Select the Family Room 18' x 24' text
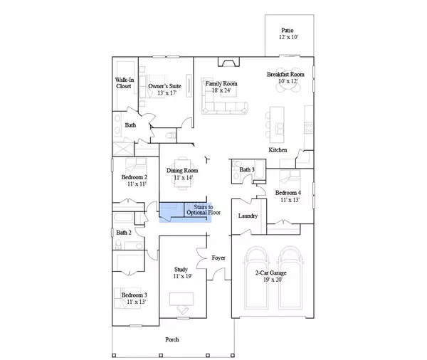coord(221,87)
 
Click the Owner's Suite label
coord(164,87)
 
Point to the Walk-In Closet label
coord(125,83)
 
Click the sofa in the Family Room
coord(224,107)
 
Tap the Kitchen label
coord(278,150)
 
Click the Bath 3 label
coord(246,170)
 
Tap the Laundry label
coord(247,216)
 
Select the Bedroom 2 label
coord(134,180)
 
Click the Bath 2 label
coord(124,232)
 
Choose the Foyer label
coord(218,258)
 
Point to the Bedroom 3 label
coord(134,298)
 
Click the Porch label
coord(172,339)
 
